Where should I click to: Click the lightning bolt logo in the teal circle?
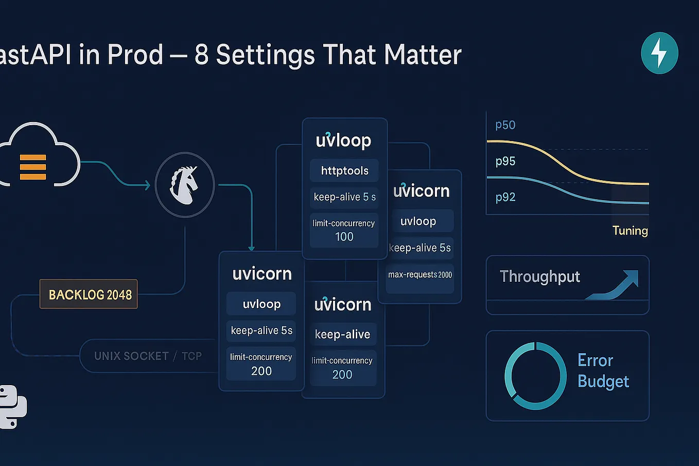point(659,53)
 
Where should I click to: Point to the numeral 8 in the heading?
point(201,55)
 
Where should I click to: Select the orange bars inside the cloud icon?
point(33,167)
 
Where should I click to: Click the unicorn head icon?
point(184,184)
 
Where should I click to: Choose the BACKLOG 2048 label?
point(89,295)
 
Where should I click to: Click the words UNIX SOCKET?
point(131,356)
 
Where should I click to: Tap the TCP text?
point(191,356)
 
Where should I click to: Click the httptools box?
point(344,171)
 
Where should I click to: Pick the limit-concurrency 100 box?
point(344,230)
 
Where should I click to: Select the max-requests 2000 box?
point(420,275)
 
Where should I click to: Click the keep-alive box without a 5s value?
point(342,334)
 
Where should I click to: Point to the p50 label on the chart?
point(505,125)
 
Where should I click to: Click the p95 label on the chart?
point(505,161)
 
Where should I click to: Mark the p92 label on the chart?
point(505,197)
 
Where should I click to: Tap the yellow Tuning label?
point(630,231)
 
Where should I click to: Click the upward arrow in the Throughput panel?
point(615,285)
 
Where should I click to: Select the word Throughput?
point(539,277)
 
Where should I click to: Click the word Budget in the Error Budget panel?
point(603,382)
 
